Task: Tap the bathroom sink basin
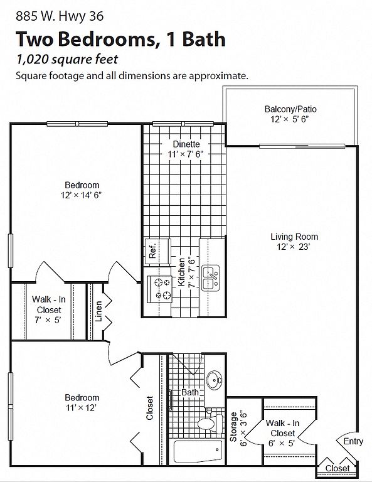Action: pyautogui.click(x=214, y=380)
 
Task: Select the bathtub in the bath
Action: pyautogui.click(x=198, y=451)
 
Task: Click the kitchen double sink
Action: pyautogui.click(x=210, y=278)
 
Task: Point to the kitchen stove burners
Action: pyautogui.click(x=163, y=288)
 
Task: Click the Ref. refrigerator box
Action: pyautogui.click(x=157, y=251)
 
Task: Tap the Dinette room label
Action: pyautogui.click(x=186, y=144)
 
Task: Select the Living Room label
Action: pyautogui.click(x=294, y=237)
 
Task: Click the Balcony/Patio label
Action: pyautogui.click(x=290, y=109)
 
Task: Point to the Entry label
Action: pyautogui.click(x=353, y=441)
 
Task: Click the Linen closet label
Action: pyautogui.click(x=98, y=311)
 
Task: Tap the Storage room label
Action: pyautogui.click(x=233, y=427)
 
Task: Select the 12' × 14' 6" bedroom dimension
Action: pyautogui.click(x=81, y=195)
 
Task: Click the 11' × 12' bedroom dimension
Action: pyautogui.click(x=82, y=408)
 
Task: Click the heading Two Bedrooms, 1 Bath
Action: pyautogui.click(x=120, y=40)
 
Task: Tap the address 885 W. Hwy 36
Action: pyautogui.click(x=60, y=16)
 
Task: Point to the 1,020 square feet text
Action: pyautogui.click(x=67, y=60)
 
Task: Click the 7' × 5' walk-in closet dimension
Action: pyautogui.click(x=48, y=320)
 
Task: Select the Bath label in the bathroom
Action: pyautogui.click(x=190, y=392)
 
